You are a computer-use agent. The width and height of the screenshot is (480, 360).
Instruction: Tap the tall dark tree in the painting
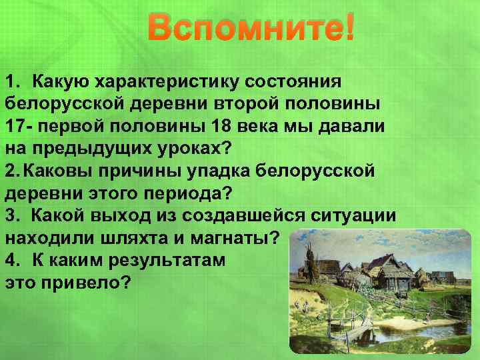311,257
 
